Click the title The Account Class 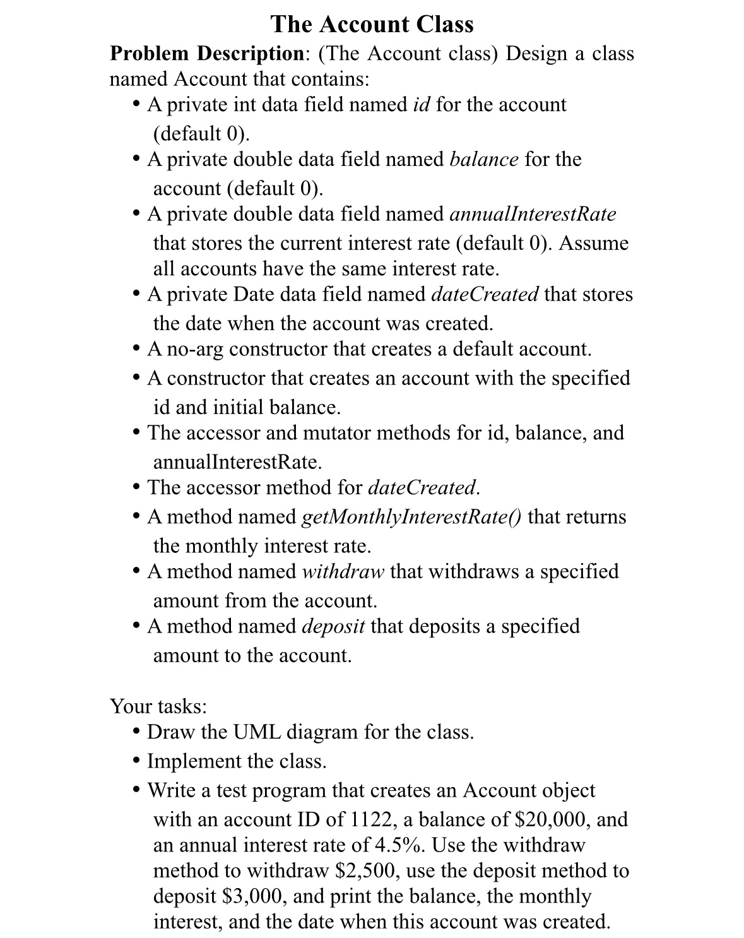pos(372,24)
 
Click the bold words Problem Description pos(206,54)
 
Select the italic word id pos(421,104)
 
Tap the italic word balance pos(483,159)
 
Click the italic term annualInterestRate pos(533,214)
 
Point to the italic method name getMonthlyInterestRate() pos(412,517)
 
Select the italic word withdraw pos(343,571)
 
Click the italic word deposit pos(333,626)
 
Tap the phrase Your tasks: pos(158,706)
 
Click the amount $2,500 pos(365,871)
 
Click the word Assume pos(594,243)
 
